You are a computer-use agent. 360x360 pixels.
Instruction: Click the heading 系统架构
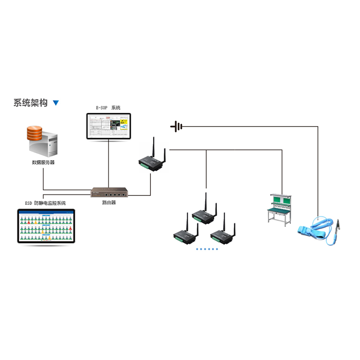tap(30, 103)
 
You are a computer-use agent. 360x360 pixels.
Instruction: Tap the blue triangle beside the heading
tap(56, 103)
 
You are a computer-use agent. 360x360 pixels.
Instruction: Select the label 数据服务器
tap(43, 162)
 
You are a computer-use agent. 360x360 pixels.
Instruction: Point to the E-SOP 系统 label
tap(108, 108)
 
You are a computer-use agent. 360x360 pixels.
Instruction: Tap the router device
tap(108, 193)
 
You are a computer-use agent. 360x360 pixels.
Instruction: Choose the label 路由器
tap(108, 203)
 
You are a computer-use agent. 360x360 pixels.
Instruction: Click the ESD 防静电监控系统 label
tap(45, 203)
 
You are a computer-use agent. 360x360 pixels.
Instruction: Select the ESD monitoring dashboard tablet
tap(45, 226)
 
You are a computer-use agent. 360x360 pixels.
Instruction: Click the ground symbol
tap(176, 126)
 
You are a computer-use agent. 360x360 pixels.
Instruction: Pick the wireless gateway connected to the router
tap(152, 160)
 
